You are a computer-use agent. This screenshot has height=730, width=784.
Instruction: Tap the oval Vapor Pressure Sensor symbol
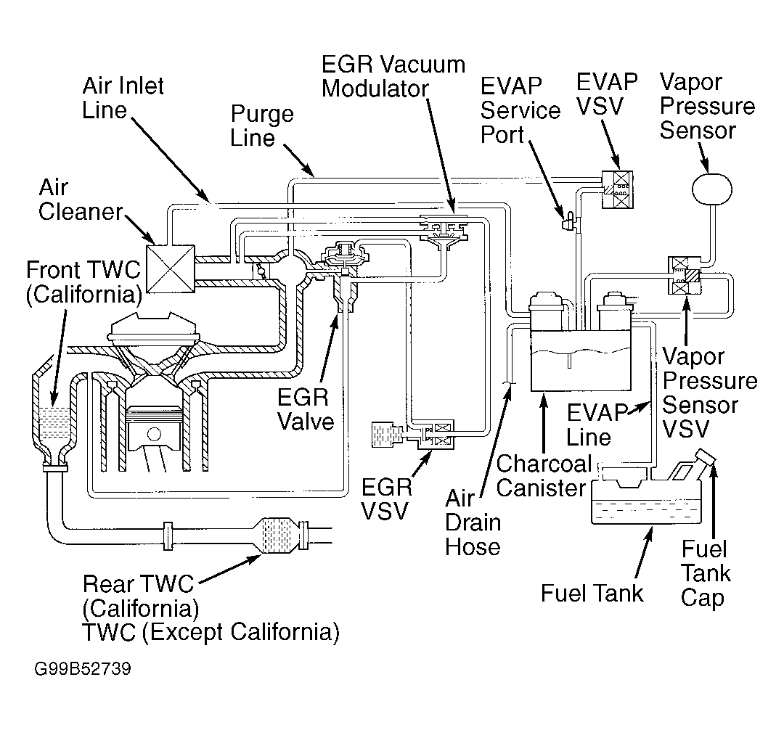coord(711,189)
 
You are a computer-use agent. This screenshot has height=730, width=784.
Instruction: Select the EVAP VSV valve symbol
coord(617,190)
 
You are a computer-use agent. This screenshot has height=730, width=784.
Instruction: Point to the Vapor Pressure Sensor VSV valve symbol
coord(685,275)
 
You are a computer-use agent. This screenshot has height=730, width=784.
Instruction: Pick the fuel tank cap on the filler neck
coord(705,456)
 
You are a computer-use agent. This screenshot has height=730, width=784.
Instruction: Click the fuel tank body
coord(646,501)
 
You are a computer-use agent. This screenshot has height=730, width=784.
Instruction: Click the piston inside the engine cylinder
coord(154,428)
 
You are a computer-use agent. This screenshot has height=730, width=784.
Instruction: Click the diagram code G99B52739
coord(83,668)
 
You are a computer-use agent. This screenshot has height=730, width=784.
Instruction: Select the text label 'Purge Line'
coord(262,126)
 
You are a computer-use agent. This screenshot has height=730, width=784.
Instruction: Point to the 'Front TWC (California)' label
coord(84,282)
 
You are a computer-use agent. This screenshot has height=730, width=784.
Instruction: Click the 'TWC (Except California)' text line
coord(211,633)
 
